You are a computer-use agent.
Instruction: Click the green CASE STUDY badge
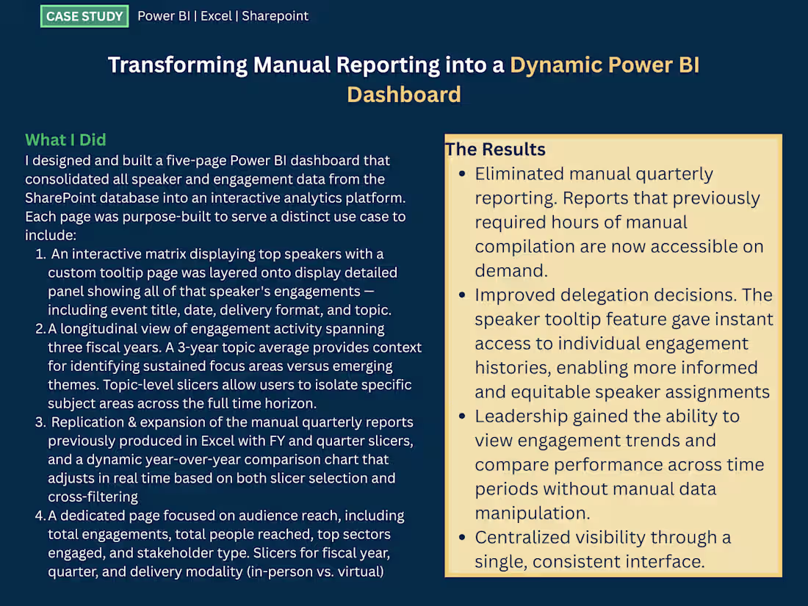pyautogui.click(x=84, y=16)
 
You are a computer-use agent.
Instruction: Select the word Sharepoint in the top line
pyautogui.click(x=275, y=16)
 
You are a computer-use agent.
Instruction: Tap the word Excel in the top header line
pyautogui.click(x=216, y=16)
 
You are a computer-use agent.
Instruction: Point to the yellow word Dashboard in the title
pyautogui.click(x=404, y=95)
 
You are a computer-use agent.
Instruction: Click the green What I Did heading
pyautogui.click(x=65, y=140)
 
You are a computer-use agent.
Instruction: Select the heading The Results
pyautogui.click(x=495, y=149)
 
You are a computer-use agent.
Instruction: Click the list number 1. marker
pyautogui.click(x=41, y=254)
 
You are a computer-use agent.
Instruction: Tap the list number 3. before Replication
pyautogui.click(x=41, y=422)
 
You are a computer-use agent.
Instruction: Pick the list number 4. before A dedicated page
pyautogui.click(x=40, y=516)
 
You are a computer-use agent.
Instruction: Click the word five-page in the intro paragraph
pyautogui.click(x=194, y=161)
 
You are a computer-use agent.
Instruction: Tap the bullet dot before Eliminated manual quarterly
pyautogui.click(x=461, y=175)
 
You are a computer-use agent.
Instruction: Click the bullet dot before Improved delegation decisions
pyautogui.click(x=461, y=295)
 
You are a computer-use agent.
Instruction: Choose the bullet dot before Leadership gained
pyautogui.click(x=461, y=416)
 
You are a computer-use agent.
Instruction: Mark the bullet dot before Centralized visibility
pyautogui.click(x=461, y=538)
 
